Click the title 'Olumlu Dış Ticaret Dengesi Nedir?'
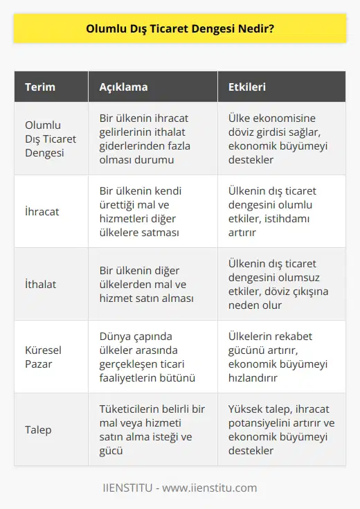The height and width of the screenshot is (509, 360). (x=180, y=30)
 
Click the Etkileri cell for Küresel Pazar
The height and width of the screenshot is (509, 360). (x=277, y=356)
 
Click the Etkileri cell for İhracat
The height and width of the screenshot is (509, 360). (x=277, y=211)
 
